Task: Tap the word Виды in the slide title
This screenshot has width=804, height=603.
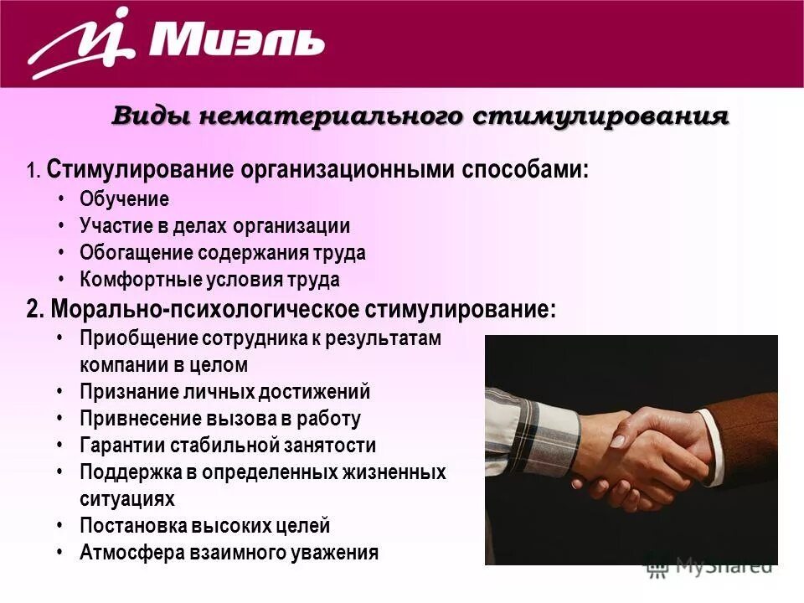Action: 143,116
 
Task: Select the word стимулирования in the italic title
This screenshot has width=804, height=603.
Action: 600,116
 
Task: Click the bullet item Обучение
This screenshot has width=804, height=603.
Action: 124,199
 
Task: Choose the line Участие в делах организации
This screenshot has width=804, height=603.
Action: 214,226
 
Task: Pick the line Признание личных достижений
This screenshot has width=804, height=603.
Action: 224,392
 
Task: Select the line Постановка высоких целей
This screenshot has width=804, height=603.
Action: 204,526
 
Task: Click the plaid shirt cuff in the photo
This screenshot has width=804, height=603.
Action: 544,435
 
